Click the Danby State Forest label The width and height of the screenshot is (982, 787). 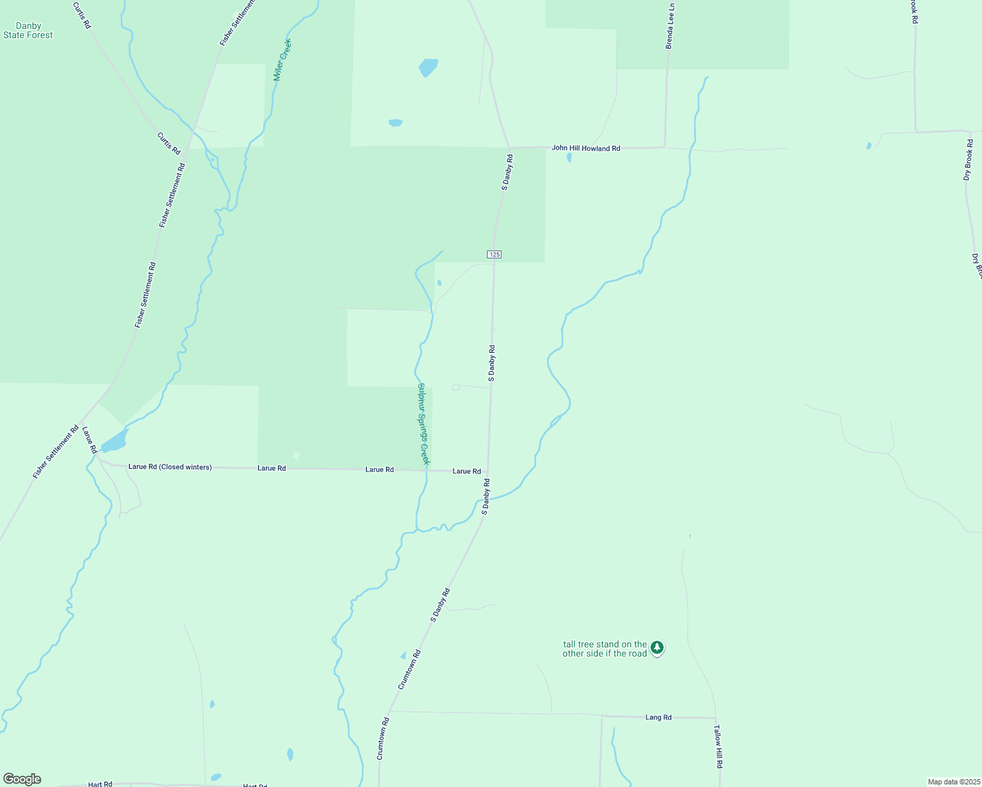tap(28, 31)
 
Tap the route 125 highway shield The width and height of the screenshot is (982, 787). tap(494, 254)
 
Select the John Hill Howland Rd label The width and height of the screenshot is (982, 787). tap(586, 148)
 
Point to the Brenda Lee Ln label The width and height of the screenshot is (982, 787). tap(670, 26)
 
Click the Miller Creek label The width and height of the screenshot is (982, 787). tap(282, 60)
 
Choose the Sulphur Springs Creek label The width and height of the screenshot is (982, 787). tap(423, 424)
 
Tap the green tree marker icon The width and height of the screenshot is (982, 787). tap(657, 648)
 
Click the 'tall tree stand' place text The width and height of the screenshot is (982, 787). tap(605, 649)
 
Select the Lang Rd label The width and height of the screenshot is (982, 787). tap(658, 717)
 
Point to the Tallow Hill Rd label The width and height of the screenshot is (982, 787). tap(718, 746)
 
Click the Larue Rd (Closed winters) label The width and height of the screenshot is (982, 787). tap(170, 467)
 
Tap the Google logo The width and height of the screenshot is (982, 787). tap(22, 779)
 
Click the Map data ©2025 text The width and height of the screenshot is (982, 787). tap(953, 782)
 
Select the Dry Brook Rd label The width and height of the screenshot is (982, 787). tap(968, 160)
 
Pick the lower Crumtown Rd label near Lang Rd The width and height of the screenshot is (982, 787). tap(383, 738)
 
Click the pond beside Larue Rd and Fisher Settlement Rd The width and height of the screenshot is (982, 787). tap(114, 442)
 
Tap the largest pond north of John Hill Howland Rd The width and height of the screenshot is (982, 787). tap(428, 67)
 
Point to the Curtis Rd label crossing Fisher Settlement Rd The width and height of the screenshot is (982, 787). tap(169, 144)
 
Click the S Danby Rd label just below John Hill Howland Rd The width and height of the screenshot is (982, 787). tap(507, 172)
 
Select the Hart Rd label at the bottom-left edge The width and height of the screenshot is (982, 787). tap(100, 784)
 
